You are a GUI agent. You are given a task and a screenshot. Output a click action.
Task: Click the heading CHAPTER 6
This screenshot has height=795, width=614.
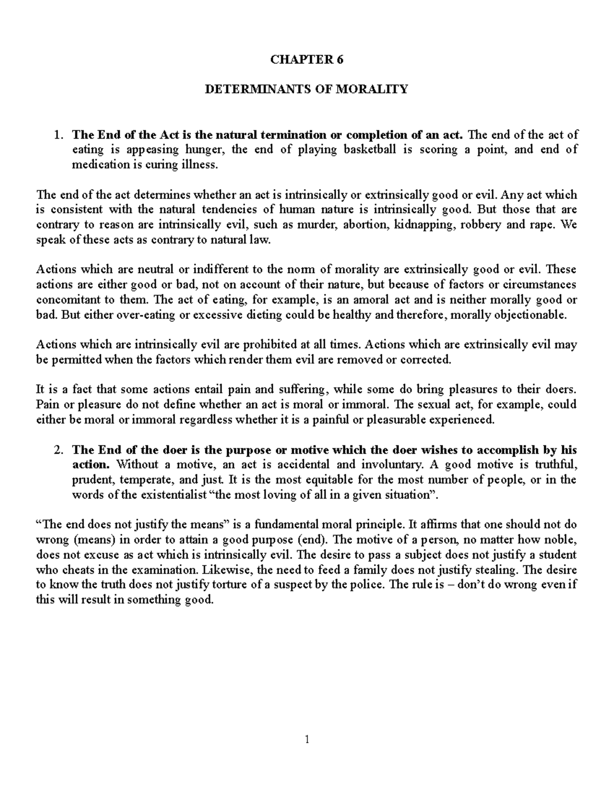[x=306, y=59]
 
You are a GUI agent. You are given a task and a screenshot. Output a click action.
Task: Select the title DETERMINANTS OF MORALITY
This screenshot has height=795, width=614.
[x=306, y=90]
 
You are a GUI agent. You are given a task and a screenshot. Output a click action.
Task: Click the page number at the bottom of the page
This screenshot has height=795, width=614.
[x=306, y=739]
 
